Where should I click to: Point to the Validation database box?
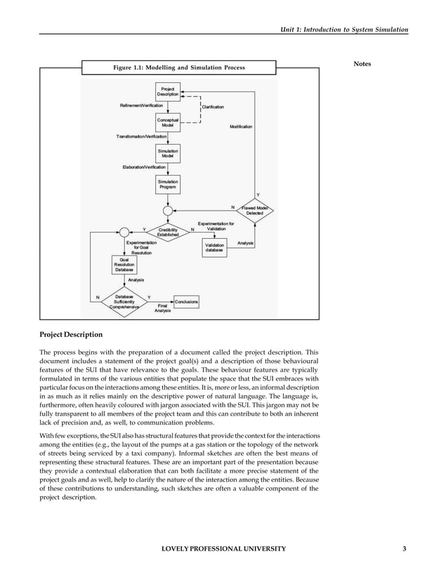(214, 247)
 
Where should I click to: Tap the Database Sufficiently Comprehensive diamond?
(124, 302)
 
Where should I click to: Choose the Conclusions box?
(185, 301)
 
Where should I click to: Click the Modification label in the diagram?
(241, 126)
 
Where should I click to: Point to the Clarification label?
(213, 107)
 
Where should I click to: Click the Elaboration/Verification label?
(144, 167)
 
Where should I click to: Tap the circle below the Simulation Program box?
(168, 210)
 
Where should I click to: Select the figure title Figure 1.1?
(178, 67)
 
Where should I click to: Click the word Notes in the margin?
(362, 65)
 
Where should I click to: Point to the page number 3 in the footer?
(404, 548)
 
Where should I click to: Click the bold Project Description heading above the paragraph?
(70, 334)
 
